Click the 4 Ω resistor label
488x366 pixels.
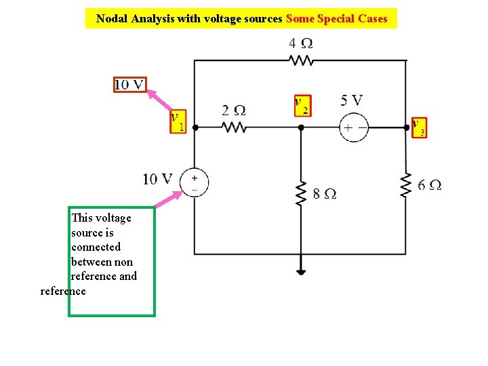[300, 43]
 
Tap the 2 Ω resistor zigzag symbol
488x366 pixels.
[234, 127]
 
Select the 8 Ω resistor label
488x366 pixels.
[325, 194]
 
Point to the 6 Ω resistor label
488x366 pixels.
[430, 184]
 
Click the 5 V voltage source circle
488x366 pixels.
[354, 127]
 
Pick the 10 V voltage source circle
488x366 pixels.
[195, 182]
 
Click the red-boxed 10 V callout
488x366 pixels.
[129, 85]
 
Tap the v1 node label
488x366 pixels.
[178, 121]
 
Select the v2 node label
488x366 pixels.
[302, 105]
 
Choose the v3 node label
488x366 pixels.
[419, 127]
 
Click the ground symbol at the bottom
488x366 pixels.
[301, 271]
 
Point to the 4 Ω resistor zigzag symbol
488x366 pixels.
[301, 61]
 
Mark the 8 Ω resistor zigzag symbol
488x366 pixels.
[301, 193]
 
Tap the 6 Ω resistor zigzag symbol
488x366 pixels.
[406, 185]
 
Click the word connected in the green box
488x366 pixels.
[96, 247]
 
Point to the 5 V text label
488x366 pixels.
[351, 100]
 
